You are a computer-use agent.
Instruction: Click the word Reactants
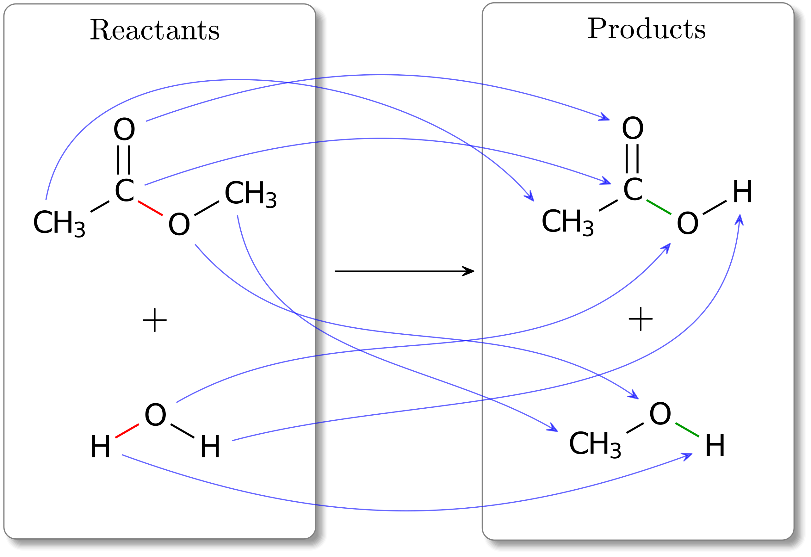(155, 30)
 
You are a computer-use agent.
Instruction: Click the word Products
(646, 29)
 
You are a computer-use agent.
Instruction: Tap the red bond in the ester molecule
(150, 208)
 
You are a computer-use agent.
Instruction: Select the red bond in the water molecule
(127, 431)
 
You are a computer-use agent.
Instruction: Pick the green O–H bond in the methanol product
(687, 430)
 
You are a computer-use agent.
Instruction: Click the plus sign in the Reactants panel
(155, 320)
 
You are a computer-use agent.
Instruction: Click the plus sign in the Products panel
(641, 319)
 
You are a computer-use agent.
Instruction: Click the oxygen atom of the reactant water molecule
(155, 415)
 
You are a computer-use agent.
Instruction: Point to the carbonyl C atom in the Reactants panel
(124, 191)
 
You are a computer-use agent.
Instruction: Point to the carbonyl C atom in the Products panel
(633, 190)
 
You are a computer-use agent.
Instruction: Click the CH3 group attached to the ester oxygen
(250, 194)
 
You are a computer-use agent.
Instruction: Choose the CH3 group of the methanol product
(595, 444)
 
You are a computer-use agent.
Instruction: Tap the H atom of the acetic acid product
(742, 192)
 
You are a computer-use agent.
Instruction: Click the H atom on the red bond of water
(101, 447)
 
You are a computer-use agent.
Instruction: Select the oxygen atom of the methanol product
(660, 414)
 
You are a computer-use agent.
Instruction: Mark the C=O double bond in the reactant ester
(124, 160)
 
